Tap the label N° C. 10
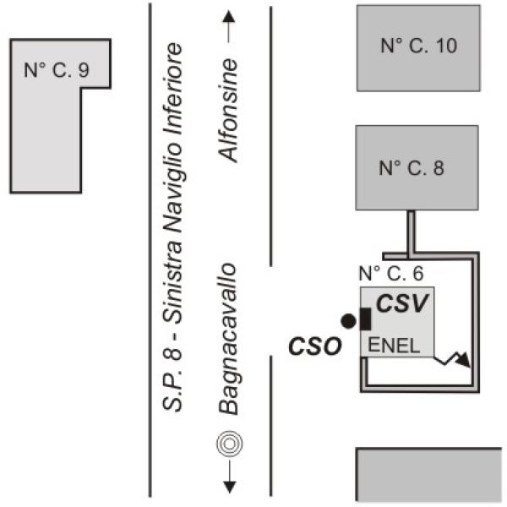coord(418,46)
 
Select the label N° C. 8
coord(412,168)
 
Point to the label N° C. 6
coord(390,273)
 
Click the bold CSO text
coord(313,346)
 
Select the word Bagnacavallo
coord(226,338)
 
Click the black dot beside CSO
coord(347,320)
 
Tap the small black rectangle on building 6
coord(366,319)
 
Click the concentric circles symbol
coord(226,443)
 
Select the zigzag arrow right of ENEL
coord(455,359)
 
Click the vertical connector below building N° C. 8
coord(412,232)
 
